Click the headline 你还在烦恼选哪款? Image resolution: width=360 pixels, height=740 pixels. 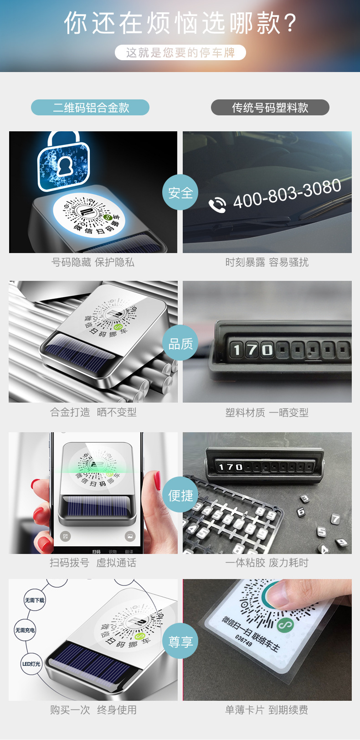180,23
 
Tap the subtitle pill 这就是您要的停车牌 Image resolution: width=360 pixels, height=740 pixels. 180,52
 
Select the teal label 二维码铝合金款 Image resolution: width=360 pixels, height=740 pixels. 90,108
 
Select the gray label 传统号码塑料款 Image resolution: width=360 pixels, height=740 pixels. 270,108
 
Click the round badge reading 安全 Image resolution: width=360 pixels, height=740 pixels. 180,193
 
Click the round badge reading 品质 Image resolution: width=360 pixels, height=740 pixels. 180,343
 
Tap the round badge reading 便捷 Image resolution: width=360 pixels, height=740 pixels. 180,495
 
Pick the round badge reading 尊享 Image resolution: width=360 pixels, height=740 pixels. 180,642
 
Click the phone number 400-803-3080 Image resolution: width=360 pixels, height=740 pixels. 287,193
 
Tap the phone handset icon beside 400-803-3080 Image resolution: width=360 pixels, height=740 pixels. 217,205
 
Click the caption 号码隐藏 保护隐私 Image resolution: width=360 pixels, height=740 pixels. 93,262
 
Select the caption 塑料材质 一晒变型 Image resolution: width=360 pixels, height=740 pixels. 267,413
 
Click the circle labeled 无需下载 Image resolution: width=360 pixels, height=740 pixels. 35,600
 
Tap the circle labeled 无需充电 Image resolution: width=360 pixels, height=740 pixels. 25,630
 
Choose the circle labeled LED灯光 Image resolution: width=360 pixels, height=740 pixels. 31,664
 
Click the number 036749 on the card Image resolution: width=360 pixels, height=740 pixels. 243,640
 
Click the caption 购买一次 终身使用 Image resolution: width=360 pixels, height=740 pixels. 93,710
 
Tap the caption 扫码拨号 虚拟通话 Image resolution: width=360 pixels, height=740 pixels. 93,563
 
